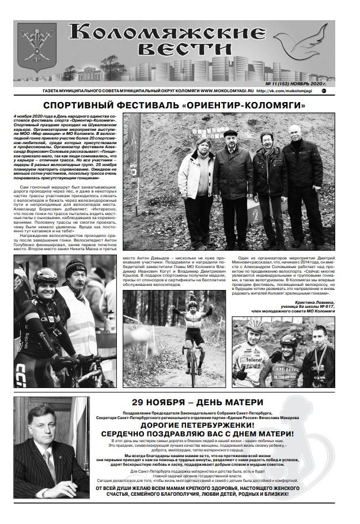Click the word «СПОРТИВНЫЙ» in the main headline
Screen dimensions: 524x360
click(x=86, y=105)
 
